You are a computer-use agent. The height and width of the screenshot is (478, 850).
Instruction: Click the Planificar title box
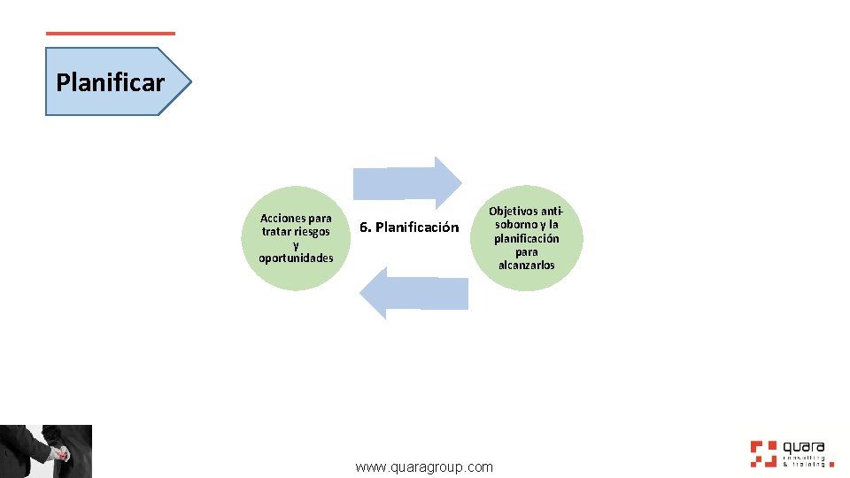115,82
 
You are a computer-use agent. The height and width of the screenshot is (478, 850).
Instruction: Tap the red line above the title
111,34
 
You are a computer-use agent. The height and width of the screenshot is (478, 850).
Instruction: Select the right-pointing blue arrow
407,182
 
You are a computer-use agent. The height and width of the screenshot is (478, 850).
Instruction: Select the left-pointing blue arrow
413,293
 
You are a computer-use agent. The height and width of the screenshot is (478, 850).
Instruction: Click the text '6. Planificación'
409,227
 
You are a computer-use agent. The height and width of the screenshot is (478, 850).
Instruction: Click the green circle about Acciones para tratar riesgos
296,238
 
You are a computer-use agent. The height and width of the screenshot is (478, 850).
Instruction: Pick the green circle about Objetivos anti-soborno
527,238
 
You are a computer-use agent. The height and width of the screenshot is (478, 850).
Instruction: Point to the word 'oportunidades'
296,258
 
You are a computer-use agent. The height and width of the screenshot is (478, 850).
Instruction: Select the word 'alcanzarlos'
527,265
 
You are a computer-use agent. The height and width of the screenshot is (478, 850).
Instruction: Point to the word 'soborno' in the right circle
515,225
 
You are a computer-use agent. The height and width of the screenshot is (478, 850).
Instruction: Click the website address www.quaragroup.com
424,466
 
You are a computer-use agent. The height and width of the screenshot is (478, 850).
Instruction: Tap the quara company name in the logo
803,447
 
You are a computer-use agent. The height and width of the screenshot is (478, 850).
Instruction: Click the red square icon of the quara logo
762,452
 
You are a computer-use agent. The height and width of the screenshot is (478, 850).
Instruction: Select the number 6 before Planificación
364,227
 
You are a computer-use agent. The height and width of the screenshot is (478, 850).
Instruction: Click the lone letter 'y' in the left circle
296,245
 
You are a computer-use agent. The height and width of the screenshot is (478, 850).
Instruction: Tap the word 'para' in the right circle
527,251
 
